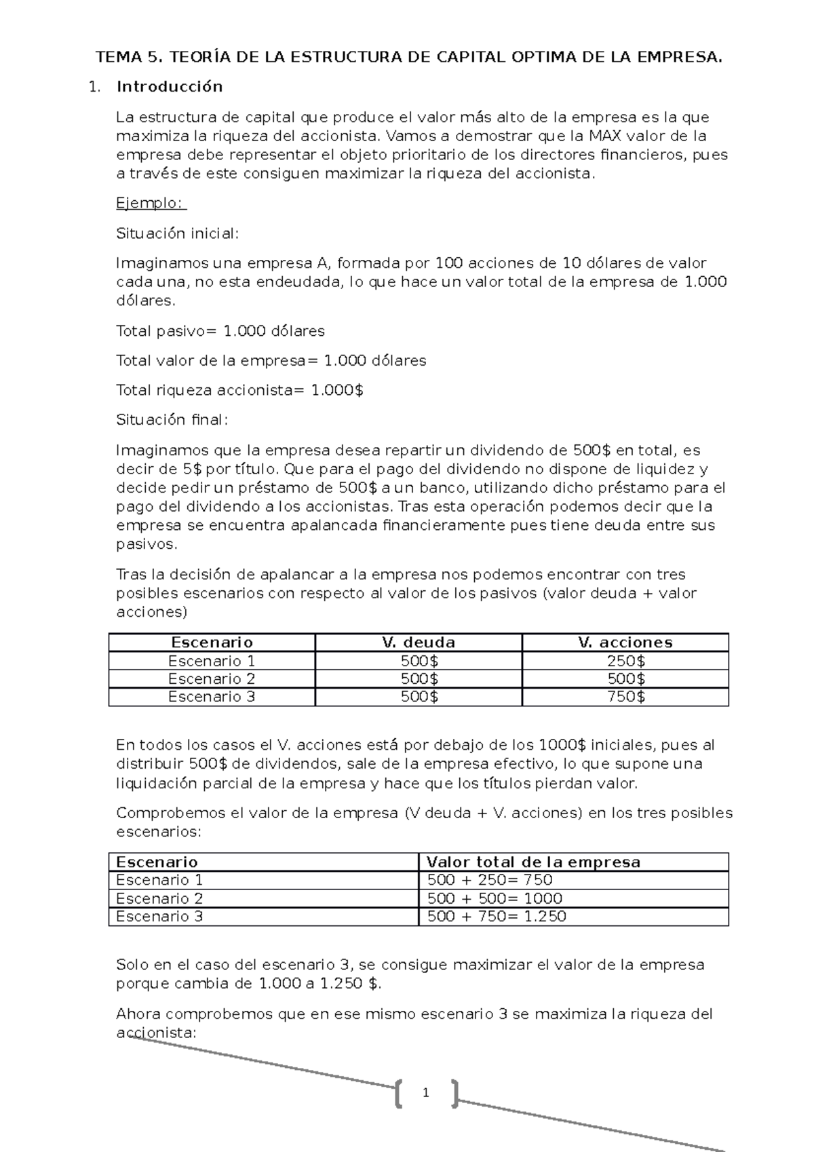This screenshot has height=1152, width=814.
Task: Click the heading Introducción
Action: [170, 87]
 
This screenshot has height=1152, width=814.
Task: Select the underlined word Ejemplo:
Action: [151, 204]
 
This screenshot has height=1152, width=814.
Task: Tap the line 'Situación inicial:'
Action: [178, 233]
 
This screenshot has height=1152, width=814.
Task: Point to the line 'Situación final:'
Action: [172, 420]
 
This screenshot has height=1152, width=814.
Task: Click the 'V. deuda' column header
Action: [419, 642]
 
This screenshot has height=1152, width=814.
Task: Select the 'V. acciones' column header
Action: [625, 642]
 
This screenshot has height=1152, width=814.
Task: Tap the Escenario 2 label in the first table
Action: [212, 679]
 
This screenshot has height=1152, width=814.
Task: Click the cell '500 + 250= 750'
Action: [490, 880]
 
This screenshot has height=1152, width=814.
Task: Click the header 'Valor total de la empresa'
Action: [533, 862]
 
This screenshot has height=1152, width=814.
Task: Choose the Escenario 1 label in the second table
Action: [159, 880]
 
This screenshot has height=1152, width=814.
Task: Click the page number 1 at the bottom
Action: [425, 1093]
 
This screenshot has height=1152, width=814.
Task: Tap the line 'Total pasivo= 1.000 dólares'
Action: [220, 331]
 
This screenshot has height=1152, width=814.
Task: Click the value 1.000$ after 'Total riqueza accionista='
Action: [337, 390]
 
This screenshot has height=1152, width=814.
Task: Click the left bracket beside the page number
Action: [398, 1093]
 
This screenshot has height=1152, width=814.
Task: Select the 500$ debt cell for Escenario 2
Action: [419, 679]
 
